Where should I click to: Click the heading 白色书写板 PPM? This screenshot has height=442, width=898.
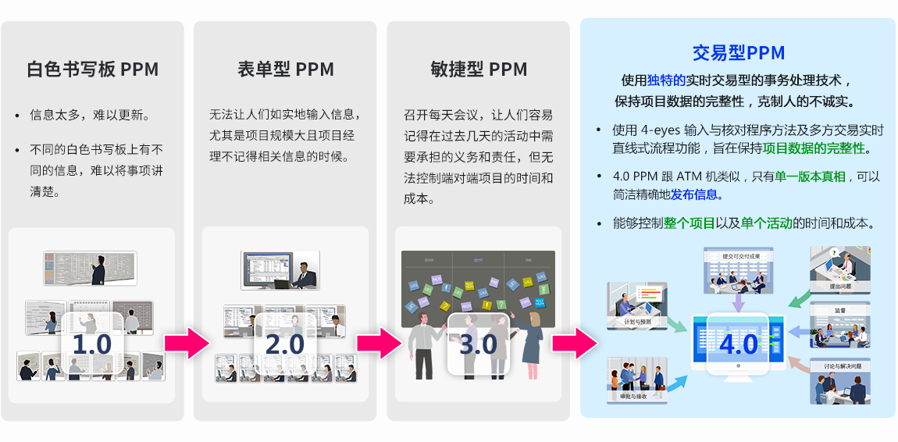(x=92, y=70)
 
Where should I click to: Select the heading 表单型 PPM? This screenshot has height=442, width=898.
(x=285, y=70)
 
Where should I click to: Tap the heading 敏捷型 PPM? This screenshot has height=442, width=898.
(x=478, y=70)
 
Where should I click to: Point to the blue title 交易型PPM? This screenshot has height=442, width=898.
(x=738, y=53)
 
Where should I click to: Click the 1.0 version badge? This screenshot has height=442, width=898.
(x=91, y=344)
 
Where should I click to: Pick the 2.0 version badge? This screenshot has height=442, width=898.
(x=285, y=344)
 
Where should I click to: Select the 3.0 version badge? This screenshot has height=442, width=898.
(x=478, y=344)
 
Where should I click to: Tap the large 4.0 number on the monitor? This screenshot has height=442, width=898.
(x=738, y=344)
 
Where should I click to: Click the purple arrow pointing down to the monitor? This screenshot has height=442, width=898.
(x=738, y=301)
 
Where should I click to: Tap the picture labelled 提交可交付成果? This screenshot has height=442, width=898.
(x=739, y=270)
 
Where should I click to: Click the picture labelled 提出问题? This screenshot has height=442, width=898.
(x=839, y=269)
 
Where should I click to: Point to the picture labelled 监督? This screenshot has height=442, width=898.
(x=839, y=324)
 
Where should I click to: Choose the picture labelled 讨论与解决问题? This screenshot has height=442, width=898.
(x=839, y=380)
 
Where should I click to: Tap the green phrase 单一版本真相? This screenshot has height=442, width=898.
(x=810, y=177)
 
